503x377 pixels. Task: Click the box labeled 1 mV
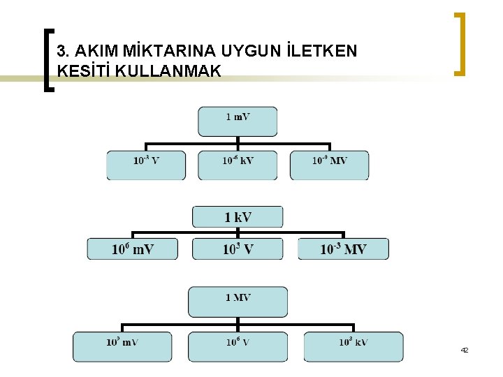point(238,121)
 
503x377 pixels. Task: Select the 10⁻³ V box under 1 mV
point(146,165)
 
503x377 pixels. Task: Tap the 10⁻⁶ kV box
point(238,165)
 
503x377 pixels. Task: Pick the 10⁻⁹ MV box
point(329,165)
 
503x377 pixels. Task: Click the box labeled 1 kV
point(238,217)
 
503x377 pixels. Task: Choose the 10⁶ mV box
point(133,249)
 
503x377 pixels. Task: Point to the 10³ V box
point(238,249)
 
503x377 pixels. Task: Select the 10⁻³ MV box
point(343,249)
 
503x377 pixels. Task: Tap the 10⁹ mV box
point(122,347)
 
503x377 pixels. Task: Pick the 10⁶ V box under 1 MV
point(238,347)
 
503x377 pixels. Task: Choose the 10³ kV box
point(353,347)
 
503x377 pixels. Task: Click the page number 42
point(464,349)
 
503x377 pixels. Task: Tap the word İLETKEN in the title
point(322,51)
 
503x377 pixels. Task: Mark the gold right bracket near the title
point(459,43)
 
